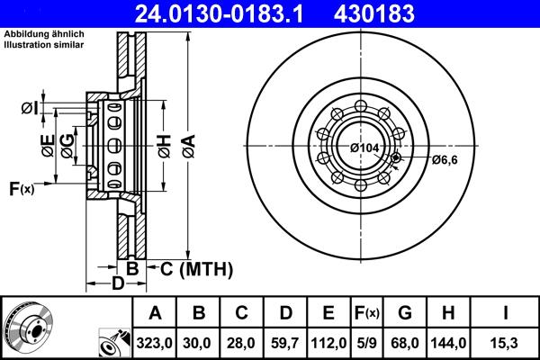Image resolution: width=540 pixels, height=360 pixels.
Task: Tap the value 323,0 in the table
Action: [155, 342]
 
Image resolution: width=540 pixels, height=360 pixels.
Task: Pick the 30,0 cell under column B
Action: [199, 342]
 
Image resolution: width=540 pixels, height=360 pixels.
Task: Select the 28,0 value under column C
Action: [242, 342]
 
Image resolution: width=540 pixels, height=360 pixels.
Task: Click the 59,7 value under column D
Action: [285, 342]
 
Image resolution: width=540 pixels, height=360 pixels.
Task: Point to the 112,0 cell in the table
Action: [328, 342]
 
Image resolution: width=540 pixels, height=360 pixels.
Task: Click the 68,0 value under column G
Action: [405, 342]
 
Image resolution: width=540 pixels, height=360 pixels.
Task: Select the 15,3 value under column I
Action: [504, 342]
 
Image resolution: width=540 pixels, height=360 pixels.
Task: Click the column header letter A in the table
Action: [155, 313]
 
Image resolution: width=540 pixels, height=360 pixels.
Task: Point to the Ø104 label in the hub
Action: [364, 148]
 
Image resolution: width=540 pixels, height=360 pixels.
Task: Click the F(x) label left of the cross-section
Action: [22, 188]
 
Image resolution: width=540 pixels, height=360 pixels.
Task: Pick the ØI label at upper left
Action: [30, 109]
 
